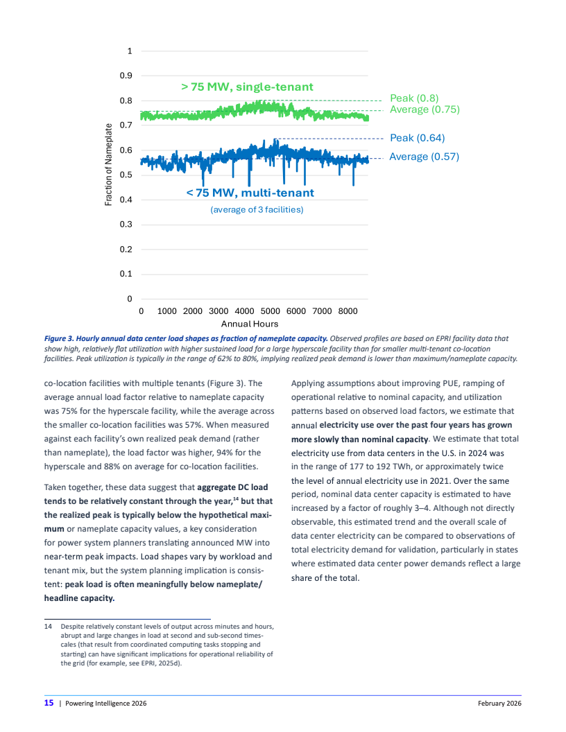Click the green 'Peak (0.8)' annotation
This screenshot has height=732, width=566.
point(414,98)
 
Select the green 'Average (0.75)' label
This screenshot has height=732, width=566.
point(424,110)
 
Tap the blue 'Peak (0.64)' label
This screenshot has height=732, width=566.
point(417,138)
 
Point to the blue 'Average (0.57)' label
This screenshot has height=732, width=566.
point(424,157)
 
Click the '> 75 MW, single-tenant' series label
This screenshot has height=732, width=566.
point(247,87)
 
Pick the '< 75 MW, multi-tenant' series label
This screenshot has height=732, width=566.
point(250,193)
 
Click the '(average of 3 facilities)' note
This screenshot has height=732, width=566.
point(257,209)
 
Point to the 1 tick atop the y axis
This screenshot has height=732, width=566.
point(130,51)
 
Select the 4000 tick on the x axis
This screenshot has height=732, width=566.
point(244,312)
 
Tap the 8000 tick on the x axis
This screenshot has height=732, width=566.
point(348,312)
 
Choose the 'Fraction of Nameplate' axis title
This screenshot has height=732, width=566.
point(108,164)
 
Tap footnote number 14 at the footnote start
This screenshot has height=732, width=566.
point(48,627)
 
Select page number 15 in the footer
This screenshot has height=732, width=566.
point(49,703)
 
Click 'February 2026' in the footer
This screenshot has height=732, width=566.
point(499,704)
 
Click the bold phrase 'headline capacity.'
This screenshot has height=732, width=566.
point(79,598)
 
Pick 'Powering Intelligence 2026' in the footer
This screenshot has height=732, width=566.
point(105,704)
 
